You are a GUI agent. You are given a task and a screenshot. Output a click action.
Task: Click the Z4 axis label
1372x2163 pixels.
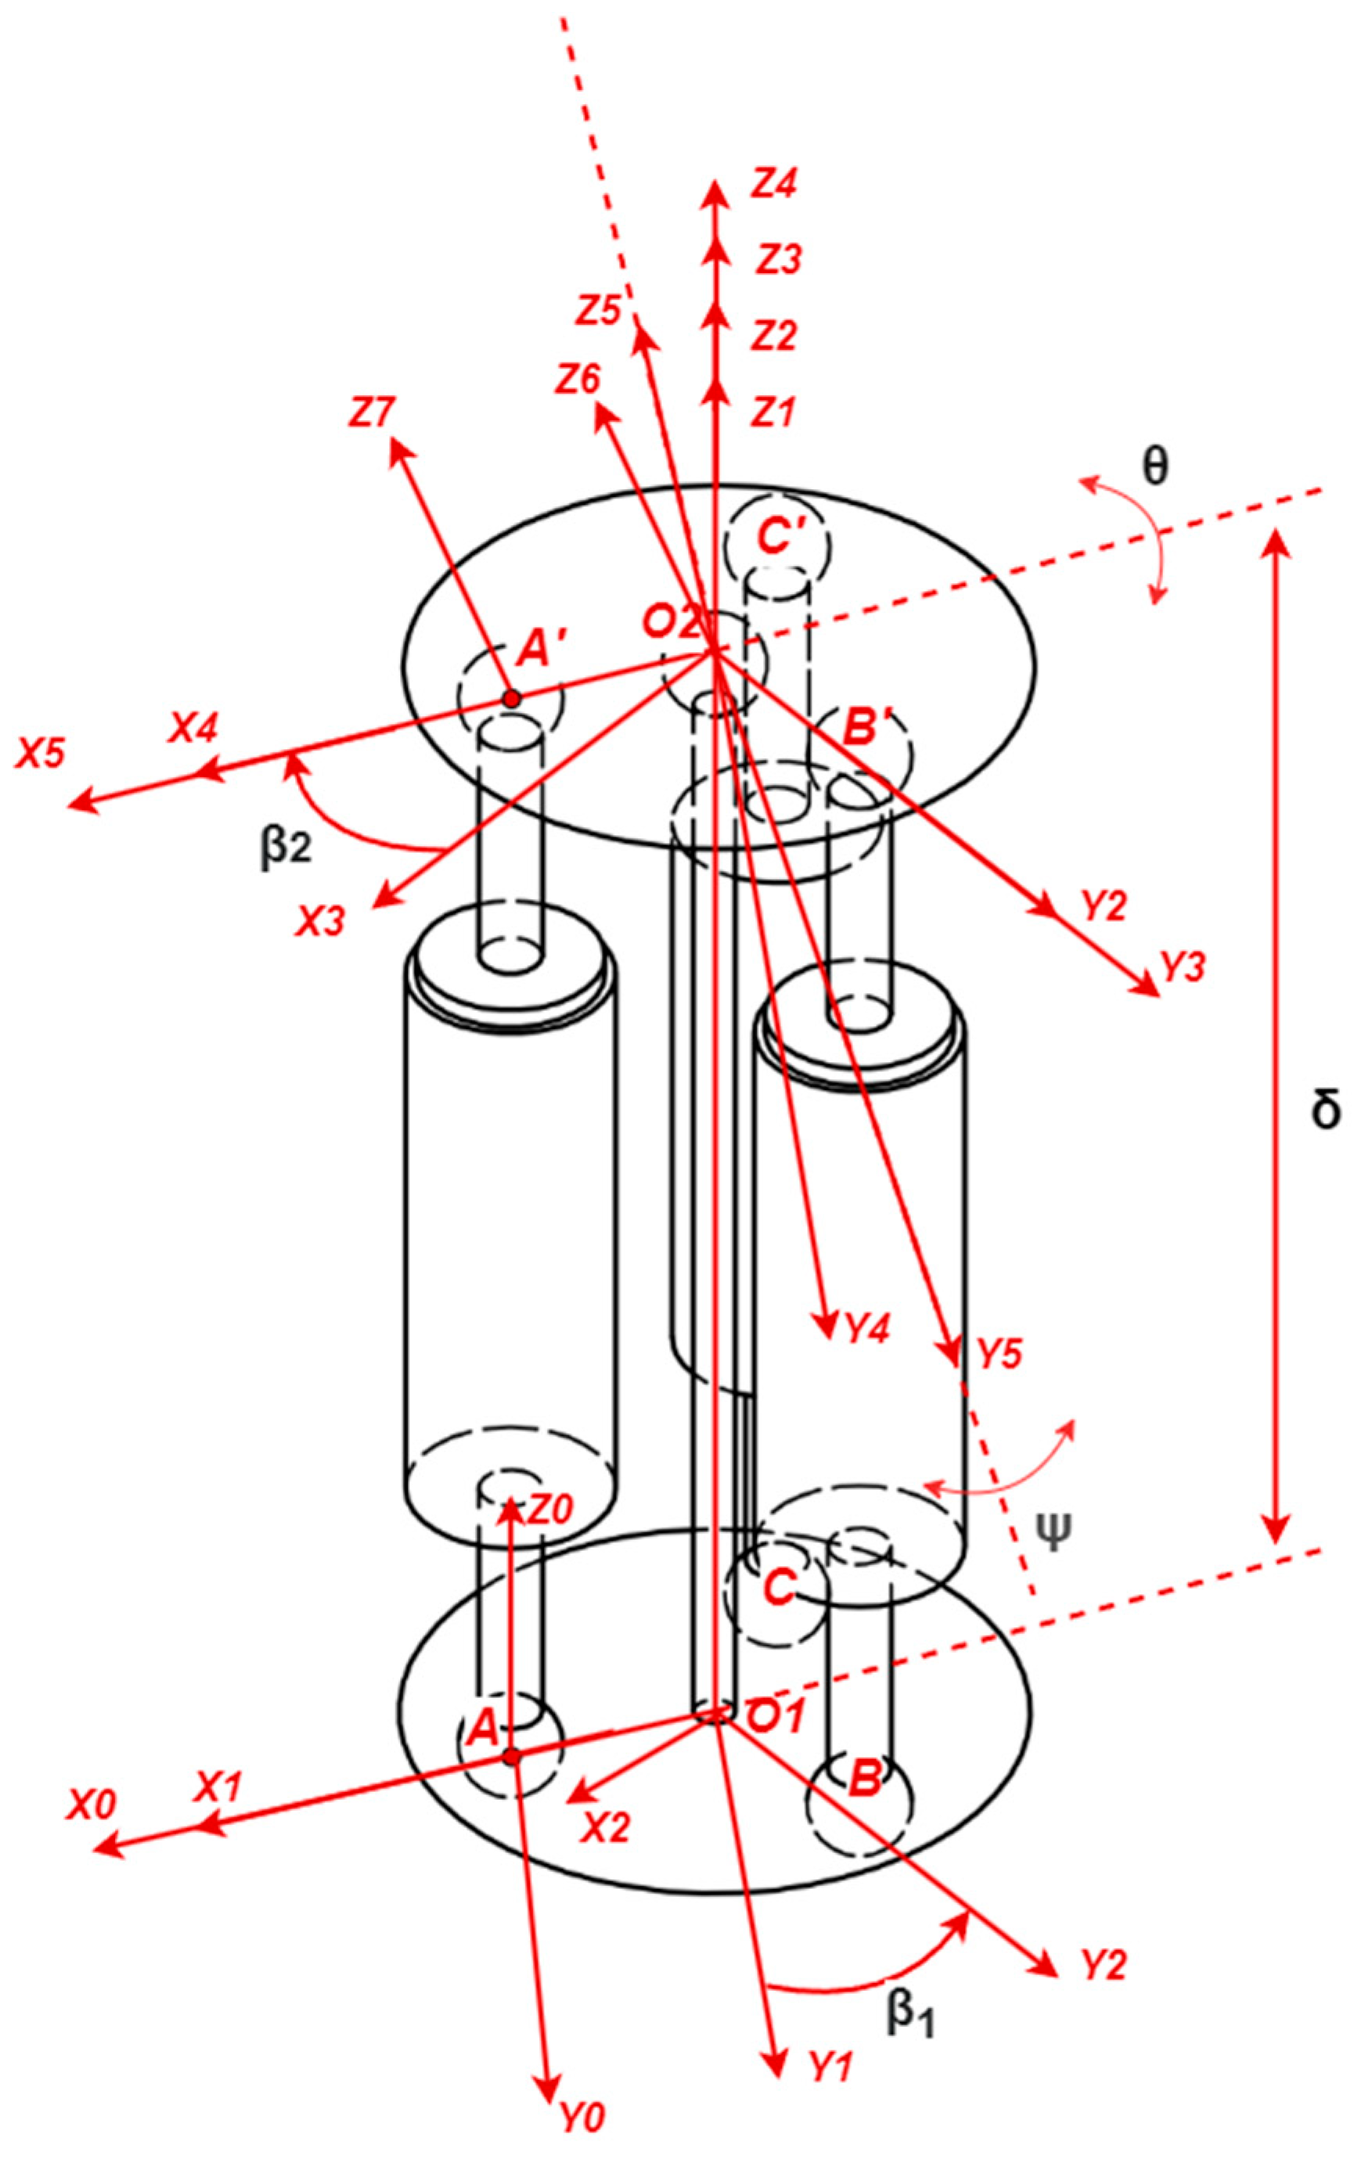pos(776,184)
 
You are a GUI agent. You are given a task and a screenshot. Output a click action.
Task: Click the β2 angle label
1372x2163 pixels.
pos(286,845)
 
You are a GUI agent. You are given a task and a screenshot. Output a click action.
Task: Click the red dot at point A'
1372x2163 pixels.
pos(510,698)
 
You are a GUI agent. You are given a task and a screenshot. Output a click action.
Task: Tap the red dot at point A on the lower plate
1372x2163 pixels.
pos(511,1756)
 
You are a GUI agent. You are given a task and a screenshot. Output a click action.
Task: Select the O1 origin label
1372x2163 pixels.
pos(776,1718)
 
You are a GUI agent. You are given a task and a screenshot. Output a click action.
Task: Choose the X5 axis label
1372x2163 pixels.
pos(41,753)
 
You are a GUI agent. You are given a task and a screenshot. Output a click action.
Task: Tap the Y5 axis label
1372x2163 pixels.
pos(999,1354)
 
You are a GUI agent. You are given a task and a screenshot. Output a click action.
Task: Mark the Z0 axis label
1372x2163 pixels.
pos(550,1510)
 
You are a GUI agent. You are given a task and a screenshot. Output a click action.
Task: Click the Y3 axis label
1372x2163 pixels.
pos(1183,967)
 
